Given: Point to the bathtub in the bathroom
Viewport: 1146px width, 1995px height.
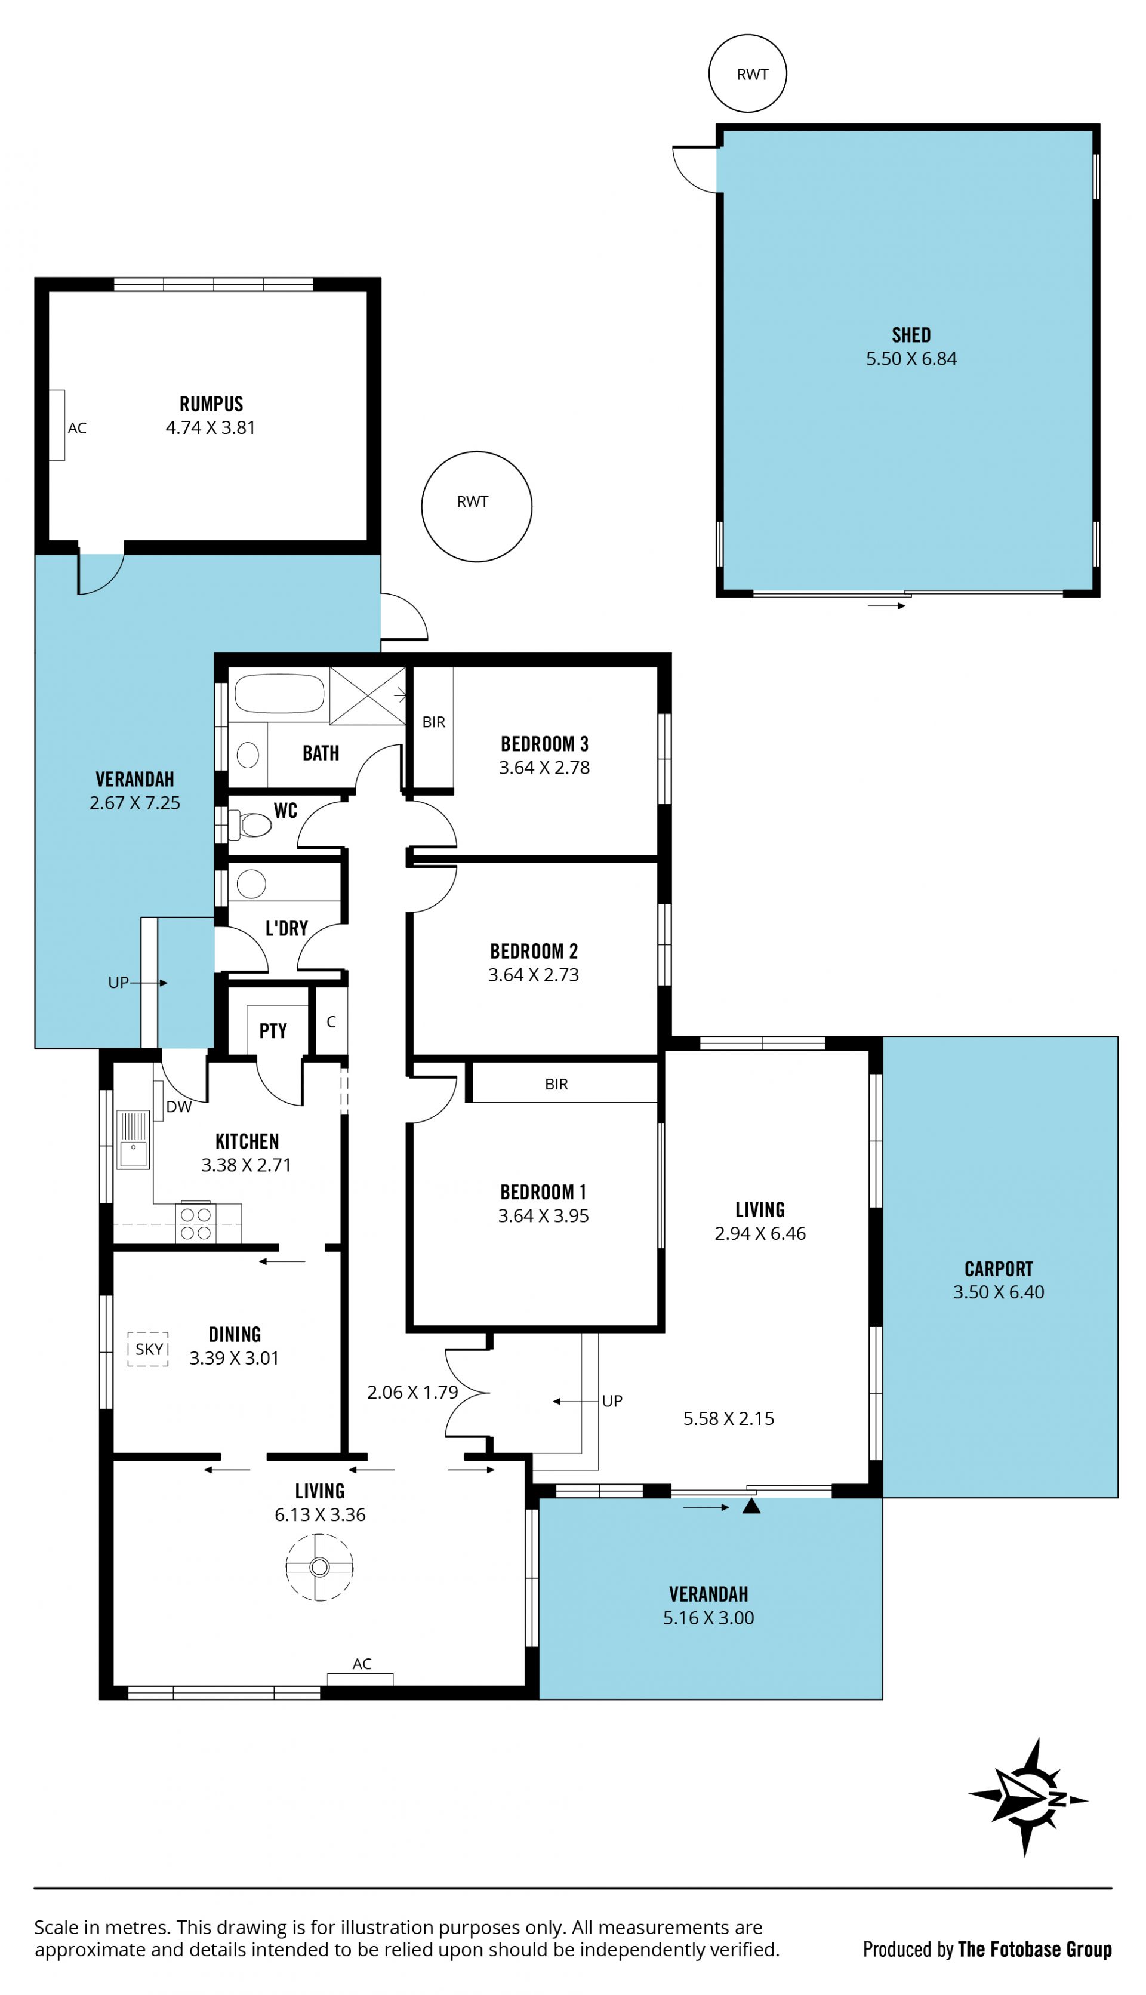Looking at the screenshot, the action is pyautogui.click(x=279, y=692).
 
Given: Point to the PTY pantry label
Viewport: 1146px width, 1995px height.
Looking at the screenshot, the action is pyautogui.click(x=273, y=1030).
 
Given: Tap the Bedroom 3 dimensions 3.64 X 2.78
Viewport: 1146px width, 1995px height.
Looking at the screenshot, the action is pyautogui.click(x=544, y=767).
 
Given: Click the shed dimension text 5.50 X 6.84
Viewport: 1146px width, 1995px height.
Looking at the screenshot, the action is pyautogui.click(x=911, y=359).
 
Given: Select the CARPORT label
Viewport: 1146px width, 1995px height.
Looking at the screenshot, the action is pyautogui.click(x=999, y=1269).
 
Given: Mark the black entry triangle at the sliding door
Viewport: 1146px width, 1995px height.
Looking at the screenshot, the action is pyautogui.click(x=751, y=1506).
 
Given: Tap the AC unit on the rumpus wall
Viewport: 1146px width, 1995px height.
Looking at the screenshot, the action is pyautogui.click(x=57, y=425).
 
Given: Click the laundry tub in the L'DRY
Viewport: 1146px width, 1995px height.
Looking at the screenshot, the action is pyautogui.click(x=251, y=883).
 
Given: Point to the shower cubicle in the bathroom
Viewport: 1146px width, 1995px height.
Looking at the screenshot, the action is pyautogui.click(x=368, y=695).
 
